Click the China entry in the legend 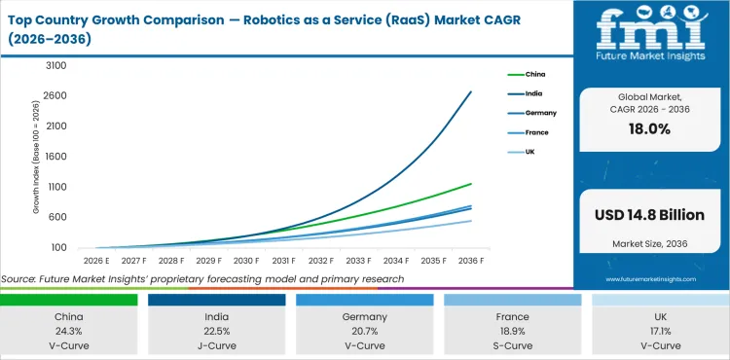(535, 73)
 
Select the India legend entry (534, 93)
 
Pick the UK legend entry (530, 152)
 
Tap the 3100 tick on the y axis (55, 65)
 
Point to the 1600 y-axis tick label (55, 156)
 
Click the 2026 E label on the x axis (94, 261)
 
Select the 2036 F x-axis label (471, 261)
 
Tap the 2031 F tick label (283, 261)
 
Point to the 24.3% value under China (68, 332)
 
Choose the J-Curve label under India (216, 345)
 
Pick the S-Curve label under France (512, 345)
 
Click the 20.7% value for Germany (364, 332)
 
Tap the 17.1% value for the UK (660, 332)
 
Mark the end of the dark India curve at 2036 (471, 91)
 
